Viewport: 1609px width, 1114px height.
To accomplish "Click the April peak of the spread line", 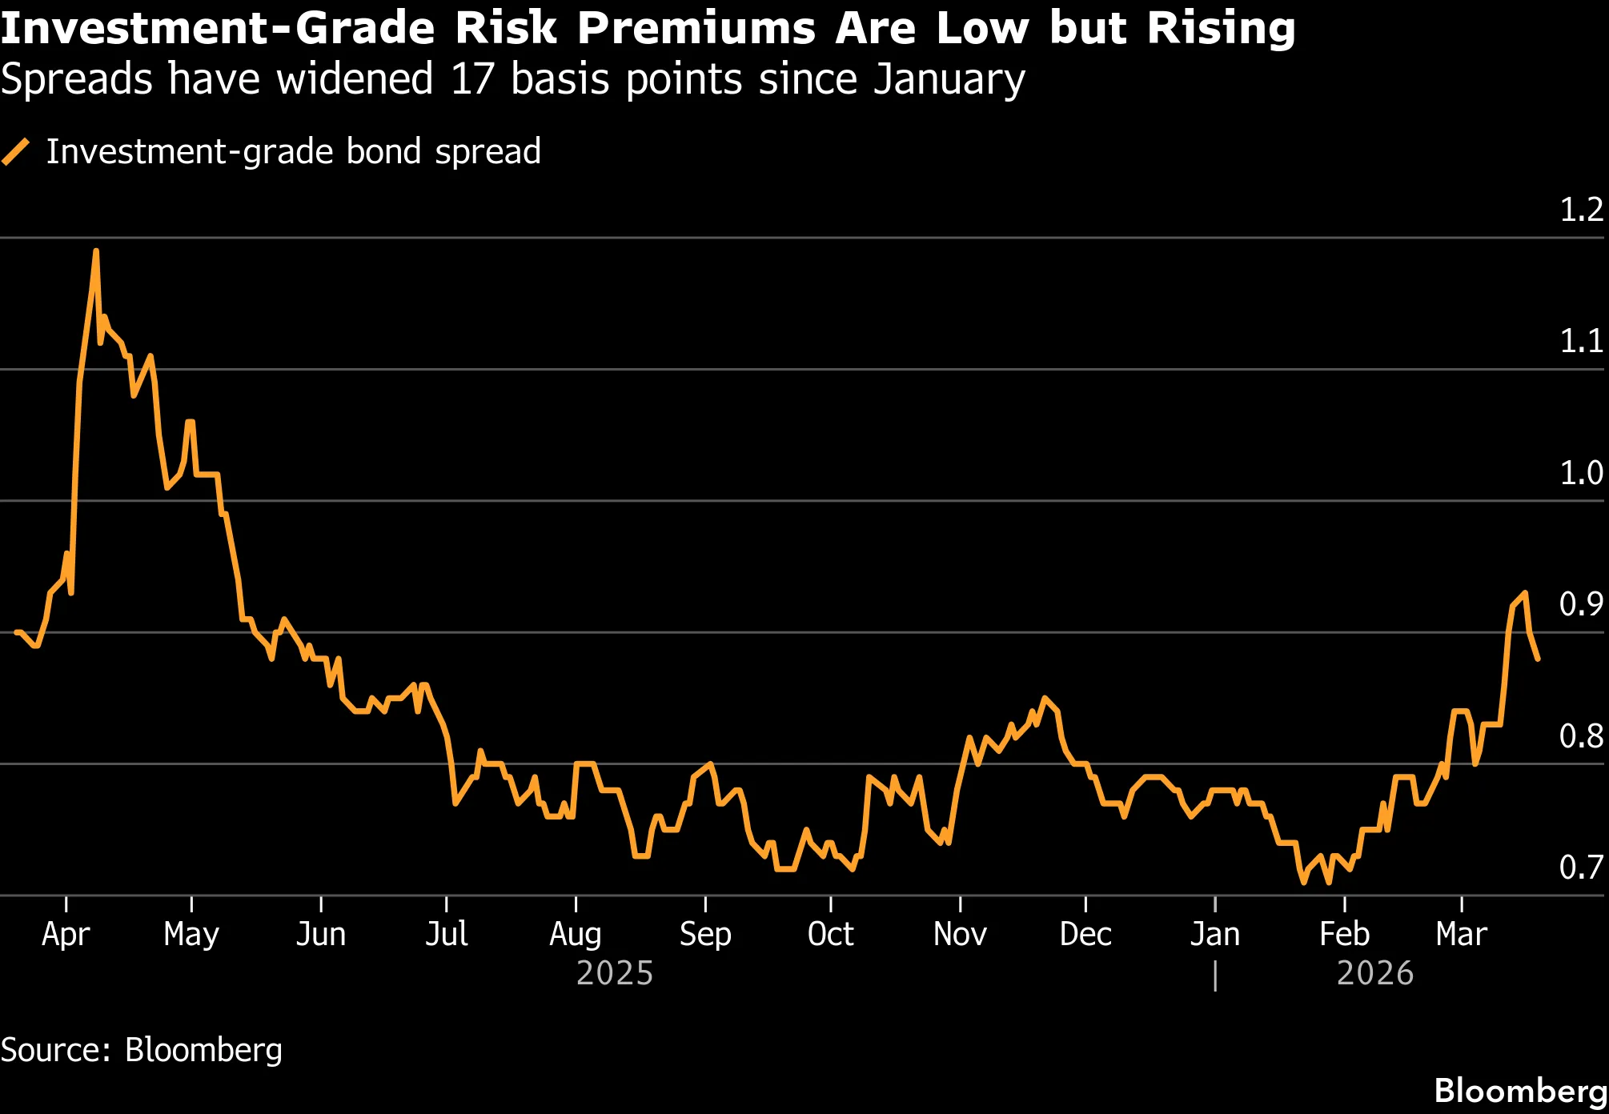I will [96, 251].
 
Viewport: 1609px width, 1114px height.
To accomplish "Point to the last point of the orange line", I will [1538, 659].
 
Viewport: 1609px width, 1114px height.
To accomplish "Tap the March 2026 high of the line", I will [1525, 593].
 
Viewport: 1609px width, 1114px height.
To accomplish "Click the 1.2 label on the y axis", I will [1581, 210].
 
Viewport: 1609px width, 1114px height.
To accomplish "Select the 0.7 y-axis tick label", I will [1581, 868].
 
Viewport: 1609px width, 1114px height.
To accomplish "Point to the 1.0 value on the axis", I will [1581, 473].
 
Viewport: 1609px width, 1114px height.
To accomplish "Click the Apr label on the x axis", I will [66, 934].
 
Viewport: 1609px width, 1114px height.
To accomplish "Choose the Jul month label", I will [446, 934].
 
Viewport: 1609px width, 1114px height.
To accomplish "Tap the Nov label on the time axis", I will [960, 934].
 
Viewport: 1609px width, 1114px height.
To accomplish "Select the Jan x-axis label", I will [1214, 934].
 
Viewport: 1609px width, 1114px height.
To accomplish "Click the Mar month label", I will [1461, 934].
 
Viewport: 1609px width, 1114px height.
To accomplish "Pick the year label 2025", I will [615, 974].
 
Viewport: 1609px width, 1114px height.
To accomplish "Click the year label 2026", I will [1375, 974].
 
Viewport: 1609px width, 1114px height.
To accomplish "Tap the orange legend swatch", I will [16, 152].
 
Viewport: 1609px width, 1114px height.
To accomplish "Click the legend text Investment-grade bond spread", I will [293, 152].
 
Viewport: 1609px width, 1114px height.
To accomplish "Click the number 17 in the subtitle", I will [472, 80].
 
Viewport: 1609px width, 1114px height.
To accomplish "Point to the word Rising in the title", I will [1221, 29].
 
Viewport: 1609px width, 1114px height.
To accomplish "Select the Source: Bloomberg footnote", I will [142, 1050].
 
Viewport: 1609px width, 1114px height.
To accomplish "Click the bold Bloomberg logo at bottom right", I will [1520, 1091].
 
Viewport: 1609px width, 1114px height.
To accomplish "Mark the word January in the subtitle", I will [949, 80].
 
